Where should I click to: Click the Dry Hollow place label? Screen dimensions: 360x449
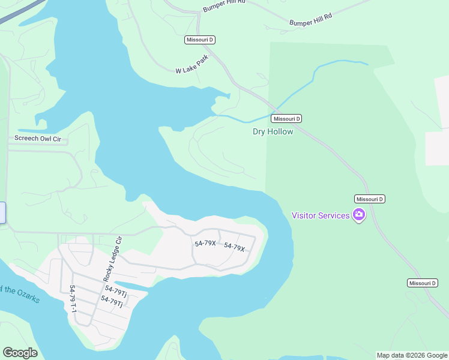[x=273, y=131]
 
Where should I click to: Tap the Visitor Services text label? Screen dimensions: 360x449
[x=321, y=215]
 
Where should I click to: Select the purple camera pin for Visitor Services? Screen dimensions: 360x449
[x=359, y=215]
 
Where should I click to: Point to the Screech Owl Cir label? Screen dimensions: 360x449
[x=38, y=139]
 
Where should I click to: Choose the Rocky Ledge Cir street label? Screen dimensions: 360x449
[x=112, y=259]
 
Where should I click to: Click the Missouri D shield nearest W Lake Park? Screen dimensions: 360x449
[x=200, y=40]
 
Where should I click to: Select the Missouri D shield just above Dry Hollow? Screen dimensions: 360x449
[x=286, y=119]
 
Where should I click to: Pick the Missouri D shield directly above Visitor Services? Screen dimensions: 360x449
[x=370, y=199]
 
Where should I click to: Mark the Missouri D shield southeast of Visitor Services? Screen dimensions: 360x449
[x=422, y=283]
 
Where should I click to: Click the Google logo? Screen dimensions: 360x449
[x=20, y=353]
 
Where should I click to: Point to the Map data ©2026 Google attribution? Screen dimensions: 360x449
[x=412, y=355]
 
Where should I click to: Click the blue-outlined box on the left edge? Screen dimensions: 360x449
[x=2, y=213]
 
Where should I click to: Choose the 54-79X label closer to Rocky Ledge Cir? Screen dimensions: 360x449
[x=205, y=243]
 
